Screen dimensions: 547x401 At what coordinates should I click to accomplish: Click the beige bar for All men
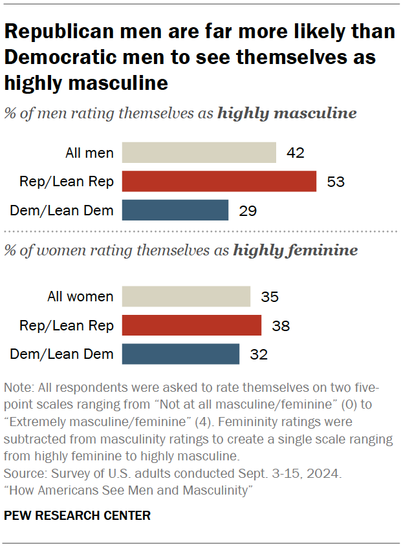coord(199,153)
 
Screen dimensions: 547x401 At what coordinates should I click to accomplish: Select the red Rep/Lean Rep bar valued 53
coord(219,182)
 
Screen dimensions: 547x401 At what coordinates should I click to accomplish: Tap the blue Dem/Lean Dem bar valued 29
coord(175,210)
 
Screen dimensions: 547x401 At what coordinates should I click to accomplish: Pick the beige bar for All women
coord(186,297)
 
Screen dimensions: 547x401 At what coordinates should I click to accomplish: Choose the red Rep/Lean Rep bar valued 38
coord(191,326)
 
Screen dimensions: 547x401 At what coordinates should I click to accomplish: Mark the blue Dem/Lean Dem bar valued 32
coord(180,354)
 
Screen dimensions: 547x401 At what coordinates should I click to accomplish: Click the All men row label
coord(90,153)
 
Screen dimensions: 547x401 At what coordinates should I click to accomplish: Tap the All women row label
coord(81,297)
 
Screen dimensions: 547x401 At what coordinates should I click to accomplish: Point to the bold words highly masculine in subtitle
coord(287,114)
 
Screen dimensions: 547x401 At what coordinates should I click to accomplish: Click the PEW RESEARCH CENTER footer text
coord(77,515)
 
